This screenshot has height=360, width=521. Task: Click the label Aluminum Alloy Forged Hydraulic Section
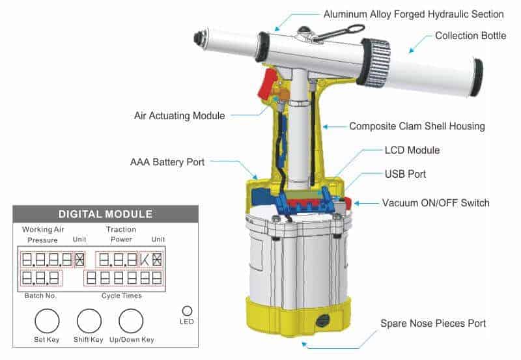(x=414, y=14)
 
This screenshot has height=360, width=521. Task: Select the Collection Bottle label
(x=470, y=36)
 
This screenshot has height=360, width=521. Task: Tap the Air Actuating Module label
(x=179, y=116)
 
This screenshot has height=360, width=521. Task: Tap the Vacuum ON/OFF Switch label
(x=435, y=203)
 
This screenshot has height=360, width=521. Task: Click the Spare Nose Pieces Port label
(x=433, y=323)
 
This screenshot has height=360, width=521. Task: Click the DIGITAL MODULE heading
(x=106, y=214)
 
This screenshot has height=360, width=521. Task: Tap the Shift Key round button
(x=89, y=321)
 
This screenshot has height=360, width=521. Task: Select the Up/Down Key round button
(x=131, y=321)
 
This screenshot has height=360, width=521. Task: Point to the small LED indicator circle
(x=187, y=311)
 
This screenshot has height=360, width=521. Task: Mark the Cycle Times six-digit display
(x=124, y=279)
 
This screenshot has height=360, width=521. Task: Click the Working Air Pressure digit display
(x=47, y=260)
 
